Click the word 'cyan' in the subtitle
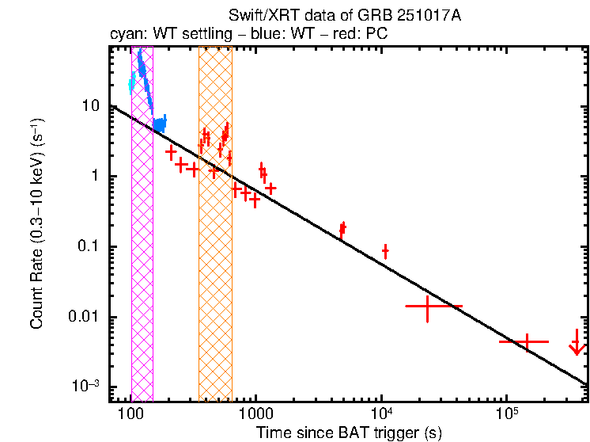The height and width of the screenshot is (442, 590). click(x=124, y=36)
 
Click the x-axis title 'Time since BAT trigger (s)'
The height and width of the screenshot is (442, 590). click(x=348, y=432)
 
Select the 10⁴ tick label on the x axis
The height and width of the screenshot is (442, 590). click(x=381, y=414)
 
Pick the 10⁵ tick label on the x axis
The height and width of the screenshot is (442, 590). click(x=507, y=414)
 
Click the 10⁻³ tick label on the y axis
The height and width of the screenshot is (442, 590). click(x=87, y=386)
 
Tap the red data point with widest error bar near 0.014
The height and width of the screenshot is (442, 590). click(x=428, y=306)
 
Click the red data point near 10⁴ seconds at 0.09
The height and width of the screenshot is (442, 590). click(x=385, y=251)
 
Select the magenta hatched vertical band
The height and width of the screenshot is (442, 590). click(x=142, y=238)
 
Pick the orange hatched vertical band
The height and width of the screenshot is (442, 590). click(x=215, y=238)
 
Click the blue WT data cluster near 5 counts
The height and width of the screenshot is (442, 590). click(x=160, y=124)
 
